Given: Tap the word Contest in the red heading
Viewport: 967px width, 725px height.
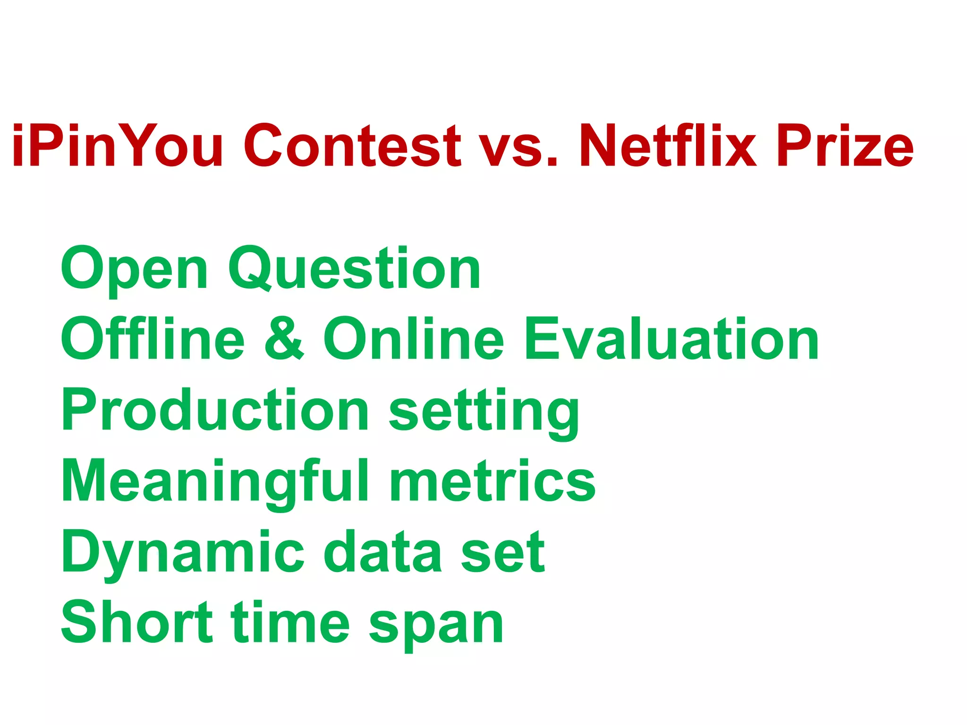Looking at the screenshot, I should click(352, 145).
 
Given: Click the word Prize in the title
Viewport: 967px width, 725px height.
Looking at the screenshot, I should click(845, 145).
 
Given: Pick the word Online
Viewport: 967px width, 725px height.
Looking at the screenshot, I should click(414, 338).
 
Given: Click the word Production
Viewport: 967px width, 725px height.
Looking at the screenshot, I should click(215, 409).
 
